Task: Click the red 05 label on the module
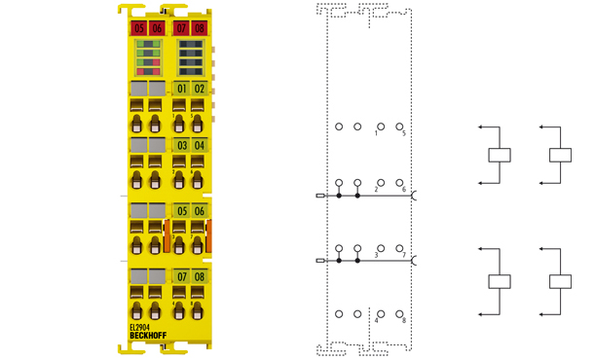(139, 28)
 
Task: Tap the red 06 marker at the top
(157, 28)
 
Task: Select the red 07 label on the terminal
(181, 28)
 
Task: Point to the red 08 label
(199, 28)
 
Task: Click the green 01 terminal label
(181, 90)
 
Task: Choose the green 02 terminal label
(199, 90)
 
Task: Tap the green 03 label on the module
(181, 146)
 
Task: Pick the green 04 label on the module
(199, 146)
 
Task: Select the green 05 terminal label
(181, 211)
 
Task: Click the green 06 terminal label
(199, 211)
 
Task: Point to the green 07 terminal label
(181, 277)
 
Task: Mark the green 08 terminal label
(199, 277)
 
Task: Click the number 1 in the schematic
(376, 134)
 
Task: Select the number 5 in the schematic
(403, 134)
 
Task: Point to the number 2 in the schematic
(376, 190)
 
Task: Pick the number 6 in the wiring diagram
(403, 190)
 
